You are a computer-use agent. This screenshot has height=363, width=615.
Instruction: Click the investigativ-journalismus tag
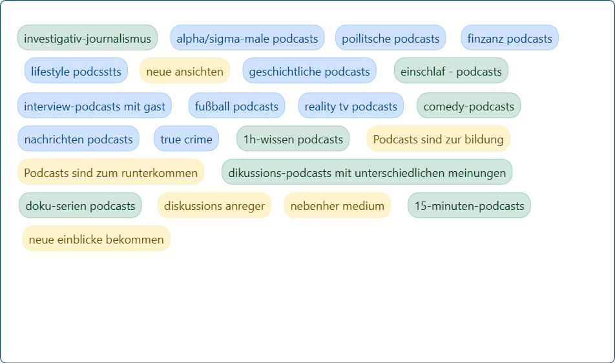87,38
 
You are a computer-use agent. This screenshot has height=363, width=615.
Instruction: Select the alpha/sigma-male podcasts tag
247,38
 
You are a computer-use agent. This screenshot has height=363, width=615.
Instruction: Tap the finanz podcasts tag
510,38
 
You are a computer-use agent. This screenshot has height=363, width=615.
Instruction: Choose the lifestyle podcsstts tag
76,71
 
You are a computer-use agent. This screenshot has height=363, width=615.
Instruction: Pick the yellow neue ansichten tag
185,71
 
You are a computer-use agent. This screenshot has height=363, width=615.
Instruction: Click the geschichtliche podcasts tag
309,71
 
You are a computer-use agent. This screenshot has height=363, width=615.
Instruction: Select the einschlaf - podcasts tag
451,71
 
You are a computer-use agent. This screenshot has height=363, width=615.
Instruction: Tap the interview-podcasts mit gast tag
94,106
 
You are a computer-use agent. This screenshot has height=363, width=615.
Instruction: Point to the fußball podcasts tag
236,106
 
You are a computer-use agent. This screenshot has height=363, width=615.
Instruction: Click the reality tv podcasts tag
351,106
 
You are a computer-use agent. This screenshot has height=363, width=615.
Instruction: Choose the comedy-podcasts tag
468,106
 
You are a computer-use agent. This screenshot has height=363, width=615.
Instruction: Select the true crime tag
186,139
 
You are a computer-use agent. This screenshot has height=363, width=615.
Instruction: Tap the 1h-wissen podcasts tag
293,139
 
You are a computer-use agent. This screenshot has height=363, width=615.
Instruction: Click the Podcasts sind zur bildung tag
438,139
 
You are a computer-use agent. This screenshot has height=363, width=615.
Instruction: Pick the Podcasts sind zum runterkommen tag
110,172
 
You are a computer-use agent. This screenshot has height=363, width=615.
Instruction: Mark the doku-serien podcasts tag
80,206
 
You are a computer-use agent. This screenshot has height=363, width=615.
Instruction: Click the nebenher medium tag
337,206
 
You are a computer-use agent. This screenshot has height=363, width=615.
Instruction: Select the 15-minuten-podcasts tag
469,206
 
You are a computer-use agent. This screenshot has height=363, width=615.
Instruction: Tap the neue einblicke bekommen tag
96,240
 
